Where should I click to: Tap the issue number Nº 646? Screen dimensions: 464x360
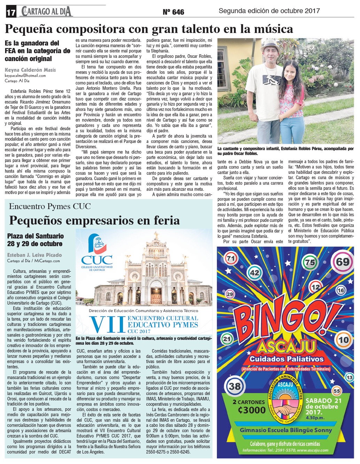173,12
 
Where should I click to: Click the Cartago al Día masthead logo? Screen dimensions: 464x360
47,12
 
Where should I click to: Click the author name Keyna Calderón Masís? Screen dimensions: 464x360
30,70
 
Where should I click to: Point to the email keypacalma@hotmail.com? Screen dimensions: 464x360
25,75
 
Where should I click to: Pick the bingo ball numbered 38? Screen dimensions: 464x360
234,386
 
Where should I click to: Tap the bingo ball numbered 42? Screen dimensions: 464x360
255,272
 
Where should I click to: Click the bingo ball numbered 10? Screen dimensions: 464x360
343,339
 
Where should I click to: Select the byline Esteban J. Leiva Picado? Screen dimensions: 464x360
34,255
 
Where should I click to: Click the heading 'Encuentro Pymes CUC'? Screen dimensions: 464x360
50,206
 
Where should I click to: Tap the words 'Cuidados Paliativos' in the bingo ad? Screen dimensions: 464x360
286,359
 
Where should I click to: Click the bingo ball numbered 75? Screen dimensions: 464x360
310,263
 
